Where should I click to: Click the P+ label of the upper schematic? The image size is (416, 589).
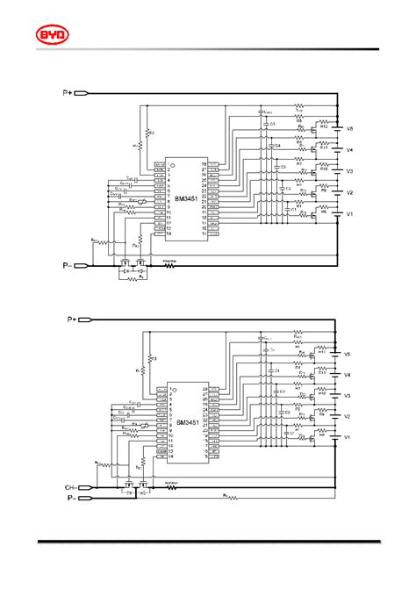point(68,91)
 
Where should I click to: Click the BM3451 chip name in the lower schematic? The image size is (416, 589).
point(188,423)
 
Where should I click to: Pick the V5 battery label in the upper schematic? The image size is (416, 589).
point(349,129)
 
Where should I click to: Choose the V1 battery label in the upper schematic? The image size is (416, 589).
point(349,214)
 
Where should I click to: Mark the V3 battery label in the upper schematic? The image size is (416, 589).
point(349,172)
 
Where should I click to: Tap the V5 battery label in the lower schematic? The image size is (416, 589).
point(348,355)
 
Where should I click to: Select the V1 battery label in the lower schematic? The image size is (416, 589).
point(348,437)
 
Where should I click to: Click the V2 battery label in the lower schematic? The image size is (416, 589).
point(348,416)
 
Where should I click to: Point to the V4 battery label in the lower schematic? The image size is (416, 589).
point(348,376)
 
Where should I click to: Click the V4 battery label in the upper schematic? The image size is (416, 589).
point(349,150)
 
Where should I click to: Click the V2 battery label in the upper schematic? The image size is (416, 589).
point(349,193)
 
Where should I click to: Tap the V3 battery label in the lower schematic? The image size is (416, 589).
point(348,396)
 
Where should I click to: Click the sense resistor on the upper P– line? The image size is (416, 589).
point(169,264)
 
